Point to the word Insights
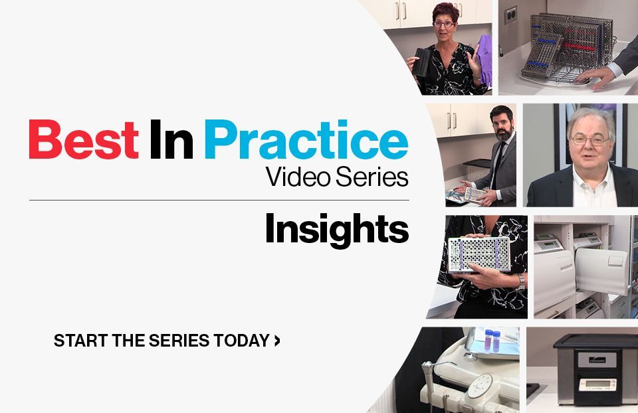(x=336, y=229)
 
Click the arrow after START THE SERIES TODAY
(x=277, y=341)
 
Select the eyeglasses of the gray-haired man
(x=588, y=140)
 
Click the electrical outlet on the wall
(x=511, y=15)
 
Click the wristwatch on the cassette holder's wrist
(x=522, y=282)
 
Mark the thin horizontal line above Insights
(x=219, y=200)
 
